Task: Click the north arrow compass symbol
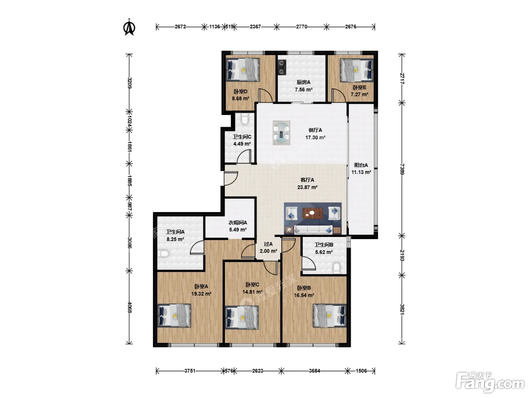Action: coord(129,27)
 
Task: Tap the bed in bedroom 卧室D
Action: coord(243,70)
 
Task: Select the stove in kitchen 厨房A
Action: coord(282,67)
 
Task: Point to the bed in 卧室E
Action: coord(357,70)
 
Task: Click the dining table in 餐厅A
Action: coord(281,133)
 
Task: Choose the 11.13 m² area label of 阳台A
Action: coord(361,172)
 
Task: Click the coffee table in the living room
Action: coord(313,213)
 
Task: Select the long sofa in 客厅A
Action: coord(313,230)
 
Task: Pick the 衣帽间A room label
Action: coord(237,223)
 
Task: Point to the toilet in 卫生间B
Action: coord(336,268)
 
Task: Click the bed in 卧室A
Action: coord(174,316)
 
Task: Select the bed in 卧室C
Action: coord(242,318)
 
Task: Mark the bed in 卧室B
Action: coord(330,316)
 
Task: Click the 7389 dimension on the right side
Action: coord(402,169)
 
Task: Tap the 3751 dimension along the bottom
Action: coord(190,371)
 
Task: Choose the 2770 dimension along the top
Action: coord(302,27)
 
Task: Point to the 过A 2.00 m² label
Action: coord(268,248)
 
